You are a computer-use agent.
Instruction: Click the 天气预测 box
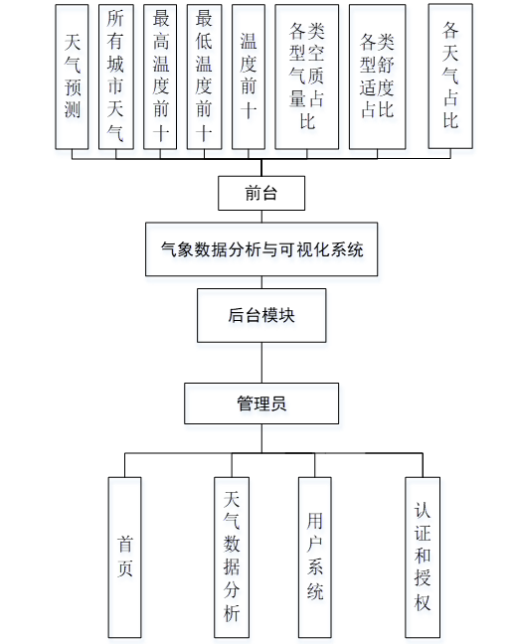click(x=72, y=77)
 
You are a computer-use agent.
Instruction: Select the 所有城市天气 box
click(x=116, y=77)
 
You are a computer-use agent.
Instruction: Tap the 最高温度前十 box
click(x=160, y=77)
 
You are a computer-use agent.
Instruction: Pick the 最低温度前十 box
click(x=204, y=77)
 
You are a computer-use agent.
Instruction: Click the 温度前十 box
click(x=249, y=77)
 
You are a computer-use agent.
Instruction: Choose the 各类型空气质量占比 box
click(x=307, y=77)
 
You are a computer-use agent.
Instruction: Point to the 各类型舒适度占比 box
click(x=377, y=77)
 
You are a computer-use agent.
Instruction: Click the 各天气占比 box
click(x=450, y=76)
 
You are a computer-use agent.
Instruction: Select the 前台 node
click(x=261, y=193)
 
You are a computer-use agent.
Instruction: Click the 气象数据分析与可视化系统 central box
click(x=261, y=248)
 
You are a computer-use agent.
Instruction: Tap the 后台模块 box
click(x=261, y=315)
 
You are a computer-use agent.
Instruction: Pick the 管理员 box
click(x=261, y=403)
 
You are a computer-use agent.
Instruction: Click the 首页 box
click(x=124, y=558)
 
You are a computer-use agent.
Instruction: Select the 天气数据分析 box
click(x=232, y=558)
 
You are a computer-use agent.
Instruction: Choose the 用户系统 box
click(x=315, y=558)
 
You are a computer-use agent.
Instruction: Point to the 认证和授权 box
click(x=423, y=558)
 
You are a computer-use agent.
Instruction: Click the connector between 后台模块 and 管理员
click(x=261, y=363)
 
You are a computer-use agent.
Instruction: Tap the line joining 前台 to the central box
click(x=261, y=217)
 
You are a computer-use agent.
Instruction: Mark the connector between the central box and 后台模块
click(x=261, y=282)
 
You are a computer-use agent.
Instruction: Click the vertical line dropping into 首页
click(x=125, y=465)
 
